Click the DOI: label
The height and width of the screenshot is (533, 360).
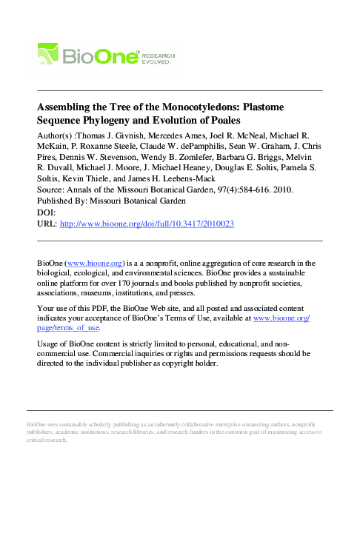point(47,212)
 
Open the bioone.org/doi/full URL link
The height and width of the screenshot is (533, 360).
point(147,223)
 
